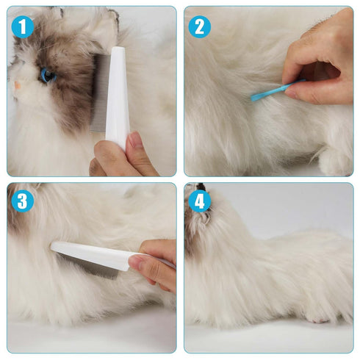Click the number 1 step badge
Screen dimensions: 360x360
(x=23, y=27)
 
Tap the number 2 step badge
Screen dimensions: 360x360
(x=199, y=27)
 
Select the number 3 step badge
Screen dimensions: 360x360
(x=23, y=201)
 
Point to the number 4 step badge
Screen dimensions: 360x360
(x=199, y=201)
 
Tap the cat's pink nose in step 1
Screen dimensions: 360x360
(x=16, y=85)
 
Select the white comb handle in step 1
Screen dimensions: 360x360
(x=117, y=96)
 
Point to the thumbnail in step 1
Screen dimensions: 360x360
(x=135, y=142)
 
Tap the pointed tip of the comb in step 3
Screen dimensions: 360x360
(x=53, y=246)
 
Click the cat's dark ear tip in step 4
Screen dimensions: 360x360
(x=200, y=187)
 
